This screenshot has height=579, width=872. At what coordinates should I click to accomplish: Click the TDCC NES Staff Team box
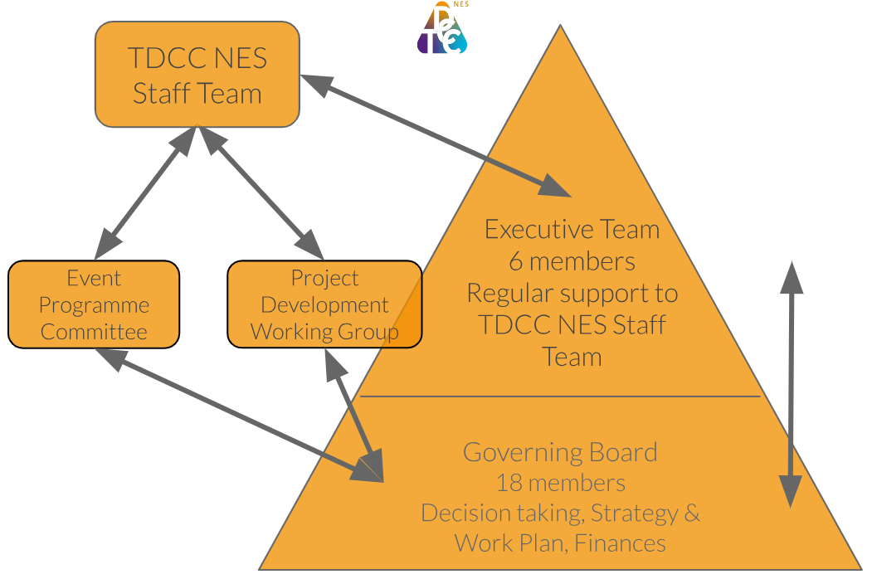pos(197,75)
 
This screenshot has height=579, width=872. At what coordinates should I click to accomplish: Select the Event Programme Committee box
pos(94,305)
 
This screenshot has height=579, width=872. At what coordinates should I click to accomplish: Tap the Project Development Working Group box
pos(324,305)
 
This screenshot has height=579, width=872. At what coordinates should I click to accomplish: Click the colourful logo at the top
pos(441,30)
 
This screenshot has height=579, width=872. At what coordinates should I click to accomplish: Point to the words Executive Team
pos(572,230)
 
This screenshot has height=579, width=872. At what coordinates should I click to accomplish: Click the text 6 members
pos(572,261)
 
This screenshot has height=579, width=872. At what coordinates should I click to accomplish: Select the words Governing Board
pos(560,453)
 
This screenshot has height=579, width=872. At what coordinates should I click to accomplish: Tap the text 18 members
pos(560,483)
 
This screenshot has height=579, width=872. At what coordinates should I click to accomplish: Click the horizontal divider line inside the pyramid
pos(560,397)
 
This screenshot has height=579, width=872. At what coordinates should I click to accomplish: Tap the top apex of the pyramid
pos(560,27)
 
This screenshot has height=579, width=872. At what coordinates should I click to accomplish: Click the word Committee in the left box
pos(94,333)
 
